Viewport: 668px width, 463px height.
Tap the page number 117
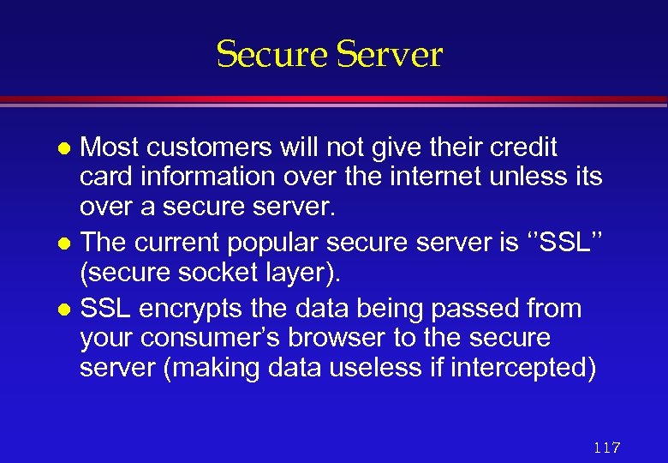[606, 448]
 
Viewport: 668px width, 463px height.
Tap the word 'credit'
[523, 148]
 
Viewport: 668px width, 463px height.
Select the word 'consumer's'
[205, 339]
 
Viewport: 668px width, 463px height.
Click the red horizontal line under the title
[334, 100]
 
